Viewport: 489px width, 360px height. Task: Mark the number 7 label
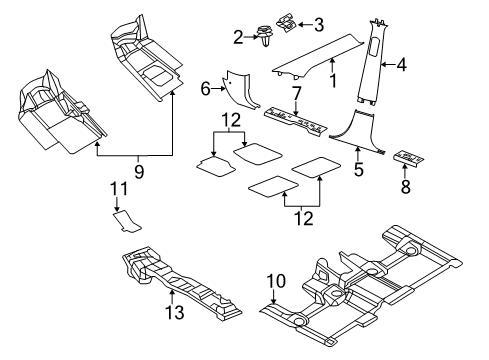(x=296, y=93)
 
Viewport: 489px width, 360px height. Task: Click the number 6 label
(x=206, y=89)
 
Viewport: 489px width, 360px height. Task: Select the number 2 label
(x=238, y=37)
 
